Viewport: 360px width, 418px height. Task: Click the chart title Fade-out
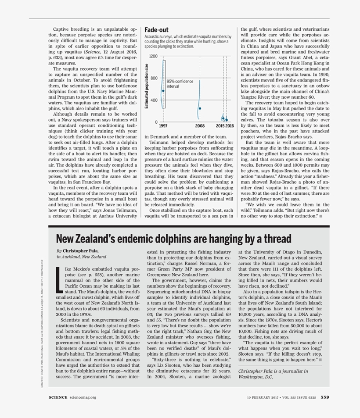(157, 30)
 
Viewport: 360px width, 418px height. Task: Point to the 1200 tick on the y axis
(153, 57)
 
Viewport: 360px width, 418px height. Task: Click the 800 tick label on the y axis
(154, 79)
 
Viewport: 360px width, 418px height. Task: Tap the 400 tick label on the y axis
(154, 100)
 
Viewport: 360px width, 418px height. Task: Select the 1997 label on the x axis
(163, 126)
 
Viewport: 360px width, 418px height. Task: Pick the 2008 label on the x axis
(200, 126)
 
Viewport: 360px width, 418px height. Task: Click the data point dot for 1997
(163, 91)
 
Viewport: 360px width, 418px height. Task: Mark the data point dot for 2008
(200, 108)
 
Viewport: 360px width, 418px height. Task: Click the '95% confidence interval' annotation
(180, 84)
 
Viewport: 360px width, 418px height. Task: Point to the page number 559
(324, 397)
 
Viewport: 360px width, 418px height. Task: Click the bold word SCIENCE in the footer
(58, 397)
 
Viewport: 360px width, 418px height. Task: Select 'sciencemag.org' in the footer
(83, 397)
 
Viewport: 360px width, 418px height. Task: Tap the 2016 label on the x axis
(230, 126)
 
